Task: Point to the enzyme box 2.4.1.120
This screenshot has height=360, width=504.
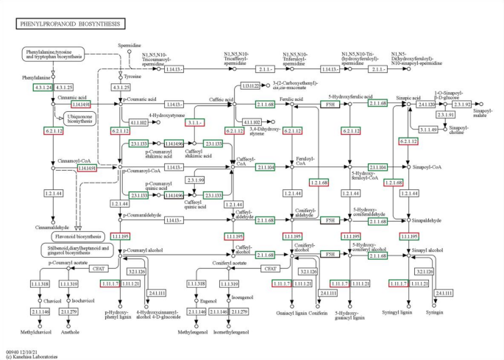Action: click(427, 104)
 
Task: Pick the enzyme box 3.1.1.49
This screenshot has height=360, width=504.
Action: click(427, 130)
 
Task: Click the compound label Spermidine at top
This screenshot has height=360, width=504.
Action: click(129, 46)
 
